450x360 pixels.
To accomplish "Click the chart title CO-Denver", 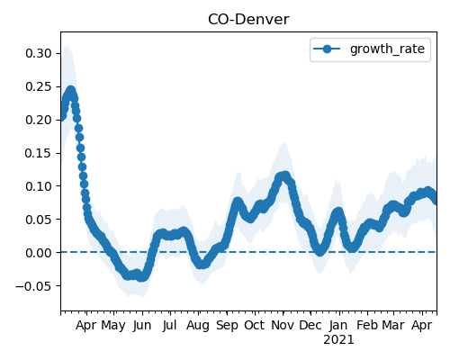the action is [248, 20].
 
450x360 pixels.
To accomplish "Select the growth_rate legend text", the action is [387, 49].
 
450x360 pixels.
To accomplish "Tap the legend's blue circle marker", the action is [327, 49].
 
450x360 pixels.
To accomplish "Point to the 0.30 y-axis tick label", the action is [39, 53].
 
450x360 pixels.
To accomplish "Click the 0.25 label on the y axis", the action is [39, 86].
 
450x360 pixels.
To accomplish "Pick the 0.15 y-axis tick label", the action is [39, 153].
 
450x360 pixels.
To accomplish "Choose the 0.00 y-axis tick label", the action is [39, 253].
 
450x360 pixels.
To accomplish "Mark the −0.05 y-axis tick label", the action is [34, 286].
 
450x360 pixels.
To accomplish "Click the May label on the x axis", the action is [113, 326].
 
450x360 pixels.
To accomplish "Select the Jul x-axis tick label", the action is [169, 325].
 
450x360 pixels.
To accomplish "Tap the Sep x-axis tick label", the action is [227, 326].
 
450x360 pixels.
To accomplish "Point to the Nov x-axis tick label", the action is [283, 325].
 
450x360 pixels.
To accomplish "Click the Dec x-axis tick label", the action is [310, 325].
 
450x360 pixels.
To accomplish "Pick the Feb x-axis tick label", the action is [367, 325].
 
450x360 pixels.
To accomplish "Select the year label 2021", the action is [338, 340].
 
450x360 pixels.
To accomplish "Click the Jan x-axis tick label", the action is [338, 325].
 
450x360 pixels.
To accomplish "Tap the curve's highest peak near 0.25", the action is [71, 90].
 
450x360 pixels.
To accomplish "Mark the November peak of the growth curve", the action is [285, 175].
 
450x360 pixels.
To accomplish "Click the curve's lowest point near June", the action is [142, 277].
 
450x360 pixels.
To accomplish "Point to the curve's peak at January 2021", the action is [338, 212].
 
